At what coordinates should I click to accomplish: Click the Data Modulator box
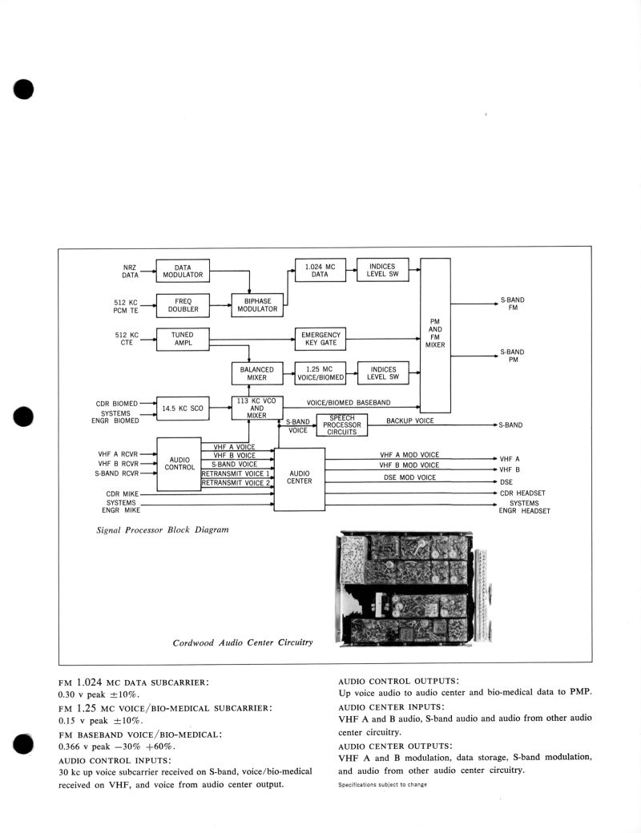pos(182,271)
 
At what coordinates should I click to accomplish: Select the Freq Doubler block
pos(182,305)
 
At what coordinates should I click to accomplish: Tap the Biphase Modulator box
pos(257,305)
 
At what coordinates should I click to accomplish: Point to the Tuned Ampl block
pos(182,339)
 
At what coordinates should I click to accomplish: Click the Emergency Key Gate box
pos(320,339)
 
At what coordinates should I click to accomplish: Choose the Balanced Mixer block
pos(257,373)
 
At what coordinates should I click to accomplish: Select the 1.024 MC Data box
pos(320,271)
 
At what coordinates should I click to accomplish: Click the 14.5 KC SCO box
pos(182,408)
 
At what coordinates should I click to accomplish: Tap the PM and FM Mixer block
pos(435,335)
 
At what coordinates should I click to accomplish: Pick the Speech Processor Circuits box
pos(342,425)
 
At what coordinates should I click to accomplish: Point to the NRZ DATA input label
pos(130,271)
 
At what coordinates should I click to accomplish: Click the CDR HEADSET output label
pos(522,493)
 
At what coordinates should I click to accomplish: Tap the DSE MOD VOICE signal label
pos(409,477)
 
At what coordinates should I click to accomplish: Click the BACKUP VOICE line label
pos(409,421)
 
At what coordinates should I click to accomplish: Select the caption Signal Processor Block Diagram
pos(162,530)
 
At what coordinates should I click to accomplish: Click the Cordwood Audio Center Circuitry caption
pos(243,642)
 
